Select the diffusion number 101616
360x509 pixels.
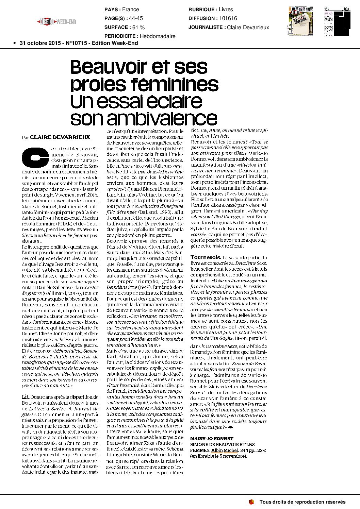(x=228, y=18)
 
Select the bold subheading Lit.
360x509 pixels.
(x=25, y=397)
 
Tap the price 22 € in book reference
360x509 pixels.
(x=260, y=450)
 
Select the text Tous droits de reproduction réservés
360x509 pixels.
(x=302, y=502)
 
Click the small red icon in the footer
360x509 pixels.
(x=251, y=502)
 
